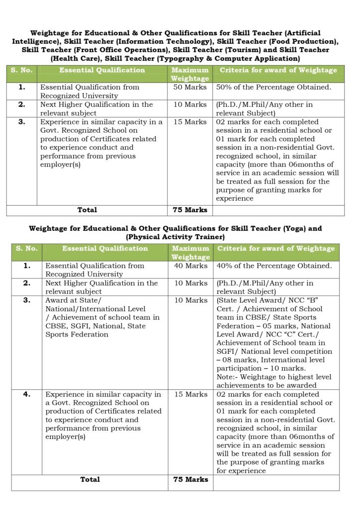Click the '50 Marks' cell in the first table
point(189,87)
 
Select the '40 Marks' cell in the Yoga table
point(189,265)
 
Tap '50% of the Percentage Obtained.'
point(273,87)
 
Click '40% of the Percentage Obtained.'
point(274,265)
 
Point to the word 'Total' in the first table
point(87,210)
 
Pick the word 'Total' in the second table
point(90,479)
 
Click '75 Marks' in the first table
point(189,210)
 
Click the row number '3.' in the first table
point(22,122)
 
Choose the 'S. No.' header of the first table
point(22,70)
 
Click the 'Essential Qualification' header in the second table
point(105,249)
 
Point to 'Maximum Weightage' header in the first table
point(190,74)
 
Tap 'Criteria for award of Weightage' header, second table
point(275,249)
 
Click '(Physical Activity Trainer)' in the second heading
point(176,237)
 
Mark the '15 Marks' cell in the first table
point(189,122)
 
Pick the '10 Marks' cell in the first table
point(189,104)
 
